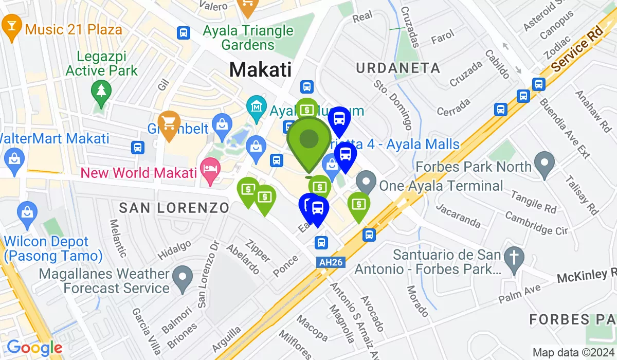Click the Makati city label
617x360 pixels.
tap(260, 69)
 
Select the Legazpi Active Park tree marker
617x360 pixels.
tap(101, 91)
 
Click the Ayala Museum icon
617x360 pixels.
tap(256, 106)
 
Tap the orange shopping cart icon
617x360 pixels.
tap(169, 121)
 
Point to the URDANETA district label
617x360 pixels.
tap(398, 68)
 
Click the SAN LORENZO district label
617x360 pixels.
tap(174, 208)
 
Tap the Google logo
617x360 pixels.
tap(34, 348)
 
